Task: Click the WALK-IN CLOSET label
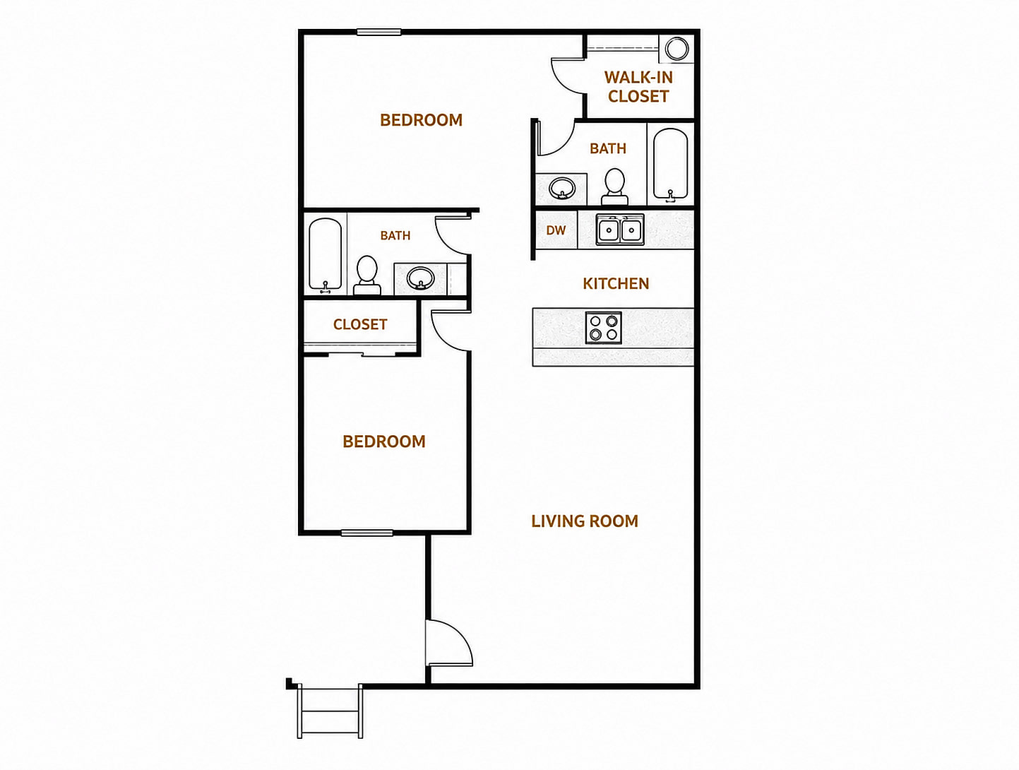tap(638, 87)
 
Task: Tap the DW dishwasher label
tap(556, 230)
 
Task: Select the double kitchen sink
tap(620, 230)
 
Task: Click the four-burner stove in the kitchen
tap(604, 327)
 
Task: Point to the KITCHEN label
tap(616, 283)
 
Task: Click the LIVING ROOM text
tap(585, 521)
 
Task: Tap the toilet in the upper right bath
tap(615, 186)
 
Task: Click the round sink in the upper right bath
tap(562, 189)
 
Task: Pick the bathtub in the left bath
tap(326, 256)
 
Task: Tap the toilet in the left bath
tap(367, 275)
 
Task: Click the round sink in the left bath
tap(421, 278)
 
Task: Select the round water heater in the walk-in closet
tap(677, 48)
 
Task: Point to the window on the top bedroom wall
tap(379, 32)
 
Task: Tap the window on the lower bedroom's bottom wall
tap(367, 533)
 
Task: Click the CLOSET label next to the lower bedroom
tap(360, 324)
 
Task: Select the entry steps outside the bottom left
tap(330, 711)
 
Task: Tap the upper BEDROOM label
tap(421, 120)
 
